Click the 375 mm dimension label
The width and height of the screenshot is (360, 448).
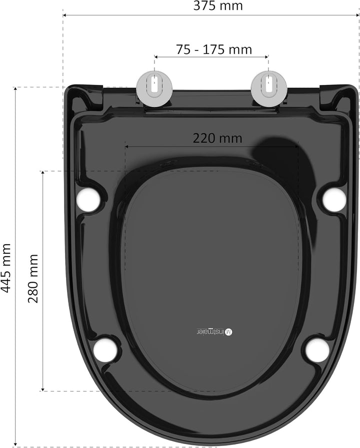click(x=218, y=6)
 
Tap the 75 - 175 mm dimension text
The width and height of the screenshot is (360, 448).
click(x=214, y=49)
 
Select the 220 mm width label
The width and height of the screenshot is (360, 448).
click(x=217, y=138)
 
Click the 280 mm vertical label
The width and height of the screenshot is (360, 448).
click(x=33, y=279)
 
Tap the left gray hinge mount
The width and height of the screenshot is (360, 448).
click(x=155, y=88)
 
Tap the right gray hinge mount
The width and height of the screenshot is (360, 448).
click(x=269, y=88)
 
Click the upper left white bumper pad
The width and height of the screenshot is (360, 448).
click(x=89, y=199)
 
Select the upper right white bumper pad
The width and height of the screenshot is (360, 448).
click(x=333, y=199)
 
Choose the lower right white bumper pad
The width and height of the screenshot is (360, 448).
click(x=317, y=350)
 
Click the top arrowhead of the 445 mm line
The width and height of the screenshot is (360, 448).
click(x=16, y=89)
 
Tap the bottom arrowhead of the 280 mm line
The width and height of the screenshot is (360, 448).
click(x=43, y=389)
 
